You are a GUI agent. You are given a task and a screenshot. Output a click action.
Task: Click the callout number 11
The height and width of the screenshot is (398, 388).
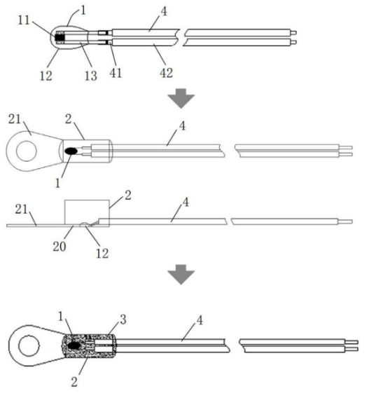click(24, 20)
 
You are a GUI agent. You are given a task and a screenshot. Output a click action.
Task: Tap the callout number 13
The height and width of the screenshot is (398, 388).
click(91, 76)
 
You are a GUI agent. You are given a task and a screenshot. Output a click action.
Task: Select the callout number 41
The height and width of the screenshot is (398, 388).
click(116, 73)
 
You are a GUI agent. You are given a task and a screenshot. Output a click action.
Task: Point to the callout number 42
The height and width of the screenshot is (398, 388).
click(167, 73)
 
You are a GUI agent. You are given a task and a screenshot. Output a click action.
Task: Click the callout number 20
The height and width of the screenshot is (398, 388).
click(60, 246)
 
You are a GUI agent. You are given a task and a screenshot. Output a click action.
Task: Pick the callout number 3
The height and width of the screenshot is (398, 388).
click(123, 320)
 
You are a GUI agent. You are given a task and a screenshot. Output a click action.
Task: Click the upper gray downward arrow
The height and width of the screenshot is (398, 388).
click(181, 99)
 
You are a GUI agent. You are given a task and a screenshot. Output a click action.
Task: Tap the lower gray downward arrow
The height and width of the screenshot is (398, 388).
click(181, 275)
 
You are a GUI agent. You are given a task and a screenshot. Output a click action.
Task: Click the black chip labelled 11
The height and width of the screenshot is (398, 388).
click(60, 38)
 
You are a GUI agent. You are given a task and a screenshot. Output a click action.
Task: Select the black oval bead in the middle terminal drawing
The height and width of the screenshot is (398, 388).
click(71, 151)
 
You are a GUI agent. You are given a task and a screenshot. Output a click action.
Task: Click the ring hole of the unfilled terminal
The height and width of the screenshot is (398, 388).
click(27, 151)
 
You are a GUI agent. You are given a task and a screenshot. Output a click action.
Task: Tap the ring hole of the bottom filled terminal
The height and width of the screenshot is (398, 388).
click(29, 345)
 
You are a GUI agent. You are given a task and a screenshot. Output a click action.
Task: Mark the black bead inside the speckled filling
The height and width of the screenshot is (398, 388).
click(74, 345)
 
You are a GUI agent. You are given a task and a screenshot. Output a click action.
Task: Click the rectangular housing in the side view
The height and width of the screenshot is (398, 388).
click(87, 213)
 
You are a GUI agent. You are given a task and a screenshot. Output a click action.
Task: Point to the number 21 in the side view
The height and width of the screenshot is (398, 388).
click(21, 209)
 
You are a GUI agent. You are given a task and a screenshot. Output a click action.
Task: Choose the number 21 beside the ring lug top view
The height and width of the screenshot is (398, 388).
click(15, 119)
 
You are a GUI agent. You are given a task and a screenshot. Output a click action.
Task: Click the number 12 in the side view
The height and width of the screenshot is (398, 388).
click(102, 254)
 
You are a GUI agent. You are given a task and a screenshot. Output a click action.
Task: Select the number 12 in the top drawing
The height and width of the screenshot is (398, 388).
click(46, 76)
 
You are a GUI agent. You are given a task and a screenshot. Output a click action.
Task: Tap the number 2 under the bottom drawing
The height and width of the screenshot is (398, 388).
click(74, 382)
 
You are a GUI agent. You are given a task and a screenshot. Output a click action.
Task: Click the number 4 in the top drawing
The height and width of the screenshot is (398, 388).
click(164, 11)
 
